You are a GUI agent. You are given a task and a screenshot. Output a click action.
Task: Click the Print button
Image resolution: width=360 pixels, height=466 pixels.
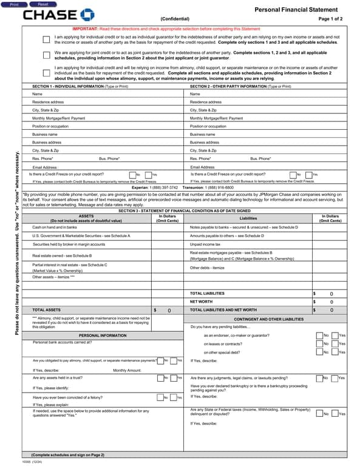14,4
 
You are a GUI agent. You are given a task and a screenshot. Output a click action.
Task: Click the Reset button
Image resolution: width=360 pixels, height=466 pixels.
43,4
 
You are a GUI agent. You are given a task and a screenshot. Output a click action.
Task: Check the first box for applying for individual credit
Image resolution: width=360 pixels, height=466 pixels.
47,39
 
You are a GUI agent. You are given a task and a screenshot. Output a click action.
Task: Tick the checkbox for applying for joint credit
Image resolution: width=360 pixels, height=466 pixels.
47,55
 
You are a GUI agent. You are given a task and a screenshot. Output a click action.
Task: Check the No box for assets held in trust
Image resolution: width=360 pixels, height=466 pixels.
160,378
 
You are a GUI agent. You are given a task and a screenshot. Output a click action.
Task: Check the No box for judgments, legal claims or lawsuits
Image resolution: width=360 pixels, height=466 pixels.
320,378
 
